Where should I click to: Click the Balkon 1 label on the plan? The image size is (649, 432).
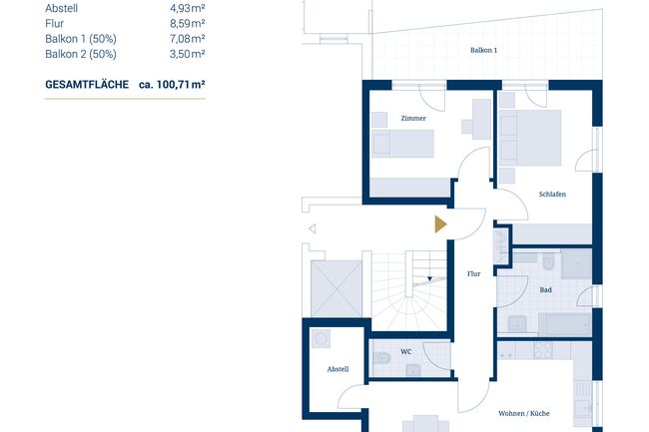click(x=483, y=50)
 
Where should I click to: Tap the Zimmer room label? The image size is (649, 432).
click(x=413, y=118)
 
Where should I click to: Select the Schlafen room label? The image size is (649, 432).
click(x=552, y=194)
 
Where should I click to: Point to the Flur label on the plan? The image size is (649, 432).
click(x=473, y=273)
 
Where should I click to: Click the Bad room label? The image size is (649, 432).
click(x=545, y=289)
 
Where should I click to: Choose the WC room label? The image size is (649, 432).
click(x=406, y=352)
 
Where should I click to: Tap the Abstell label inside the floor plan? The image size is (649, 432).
click(x=337, y=369)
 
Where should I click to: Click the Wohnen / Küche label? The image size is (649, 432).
click(x=524, y=413)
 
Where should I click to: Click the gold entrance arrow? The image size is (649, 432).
click(x=440, y=224)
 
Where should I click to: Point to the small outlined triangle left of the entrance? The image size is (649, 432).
click(x=313, y=228)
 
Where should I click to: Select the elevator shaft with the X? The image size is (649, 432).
click(x=336, y=288)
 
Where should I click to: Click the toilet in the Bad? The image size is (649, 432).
click(x=548, y=262)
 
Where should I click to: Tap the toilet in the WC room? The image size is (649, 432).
click(x=382, y=358)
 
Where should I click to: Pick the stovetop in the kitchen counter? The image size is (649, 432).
click(x=542, y=350)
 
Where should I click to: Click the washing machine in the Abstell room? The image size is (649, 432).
click(x=321, y=339)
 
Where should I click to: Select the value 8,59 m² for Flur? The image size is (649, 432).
click(x=187, y=24)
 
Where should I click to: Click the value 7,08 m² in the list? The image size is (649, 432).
click(x=187, y=39)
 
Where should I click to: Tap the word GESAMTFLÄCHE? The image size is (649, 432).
click(x=87, y=85)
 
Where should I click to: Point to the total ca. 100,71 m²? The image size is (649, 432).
click(x=172, y=85)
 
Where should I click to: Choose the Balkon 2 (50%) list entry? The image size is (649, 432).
click(x=81, y=54)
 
